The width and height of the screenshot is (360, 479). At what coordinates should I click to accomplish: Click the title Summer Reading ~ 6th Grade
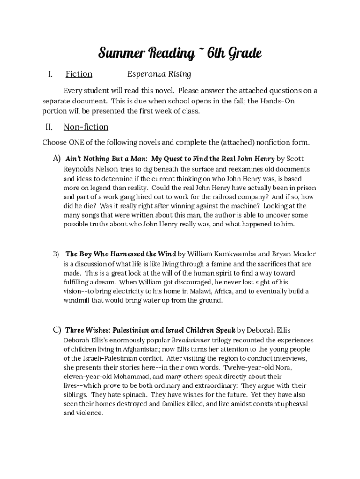click(x=180, y=54)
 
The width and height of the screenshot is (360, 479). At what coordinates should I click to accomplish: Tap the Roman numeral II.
click(x=49, y=127)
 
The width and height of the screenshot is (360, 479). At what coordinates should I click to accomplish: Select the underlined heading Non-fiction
click(x=86, y=127)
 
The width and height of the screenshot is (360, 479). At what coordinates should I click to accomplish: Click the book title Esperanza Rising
click(x=159, y=74)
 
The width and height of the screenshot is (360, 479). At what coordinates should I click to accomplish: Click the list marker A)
click(x=57, y=159)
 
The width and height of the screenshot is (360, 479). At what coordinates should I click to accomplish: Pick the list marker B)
click(x=56, y=254)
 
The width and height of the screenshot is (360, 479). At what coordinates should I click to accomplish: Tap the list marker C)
click(x=57, y=330)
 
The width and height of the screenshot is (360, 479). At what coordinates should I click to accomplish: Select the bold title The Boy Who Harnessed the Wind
click(x=121, y=254)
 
